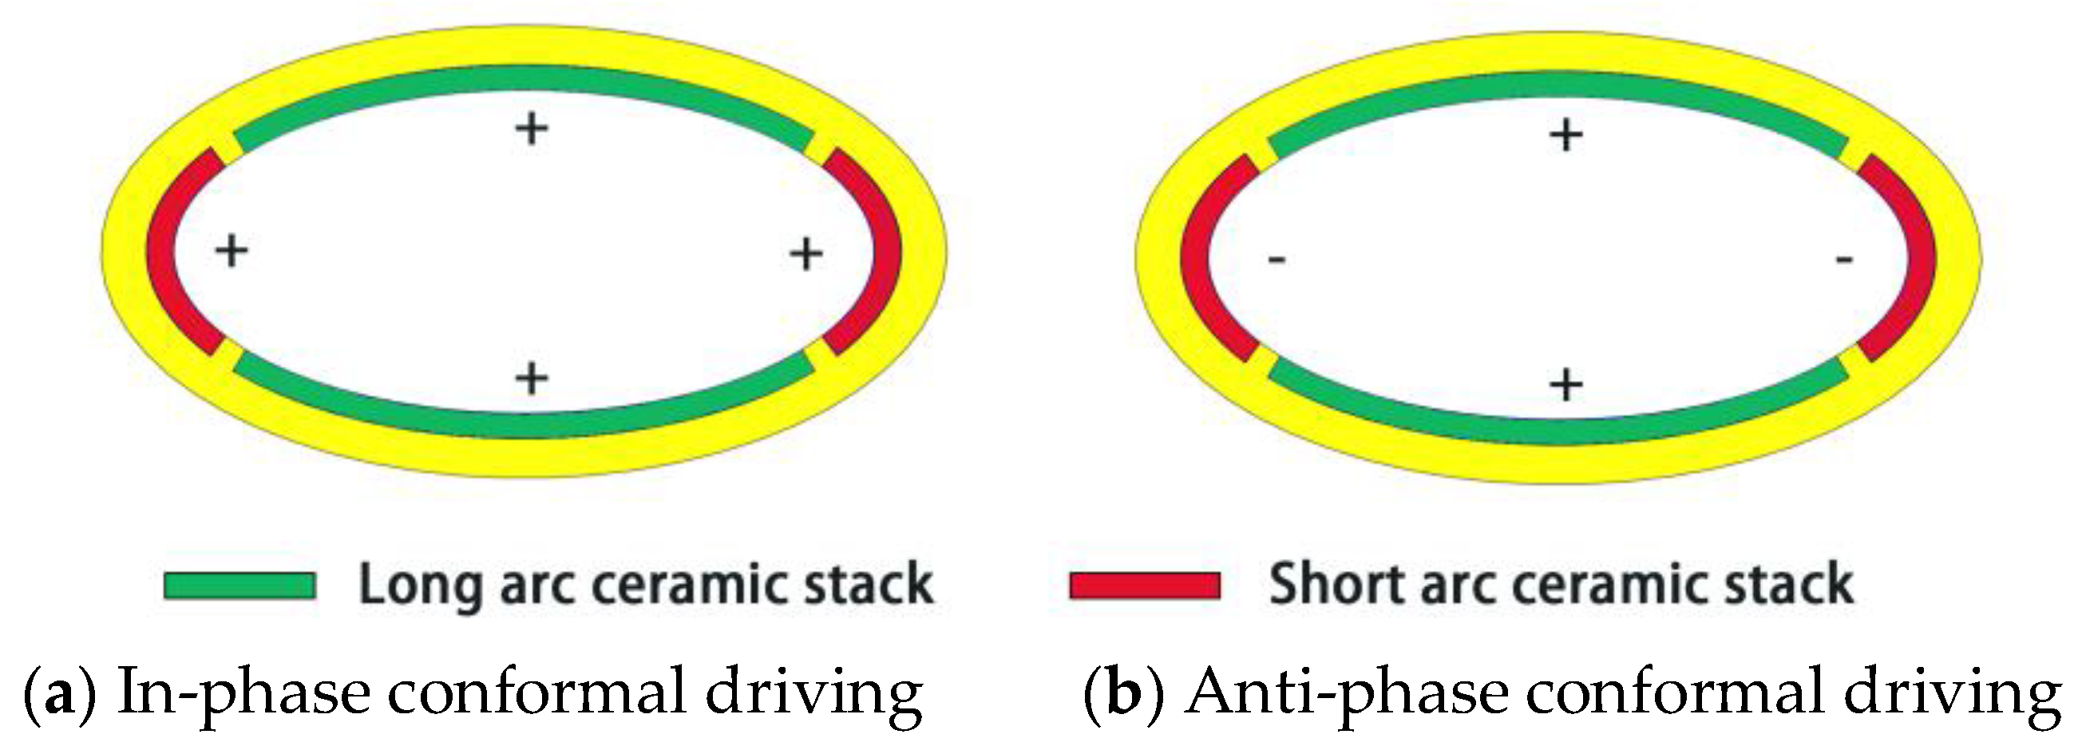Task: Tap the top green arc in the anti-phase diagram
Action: pos(1559,85)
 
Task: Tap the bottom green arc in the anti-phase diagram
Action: pos(1559,430)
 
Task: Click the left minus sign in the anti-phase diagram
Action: pos(1277,260)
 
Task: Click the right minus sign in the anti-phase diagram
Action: pos(1844,260)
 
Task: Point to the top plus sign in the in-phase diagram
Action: pos(532,128)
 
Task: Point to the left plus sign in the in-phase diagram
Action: pos(232,251)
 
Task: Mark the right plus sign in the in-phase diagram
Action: pos(806,254)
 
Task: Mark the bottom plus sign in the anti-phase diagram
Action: pos(1566,384)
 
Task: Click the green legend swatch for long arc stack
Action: pos(239,585)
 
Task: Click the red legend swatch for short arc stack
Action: pos(1145,585)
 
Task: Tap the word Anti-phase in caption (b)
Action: pos(1348,692)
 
